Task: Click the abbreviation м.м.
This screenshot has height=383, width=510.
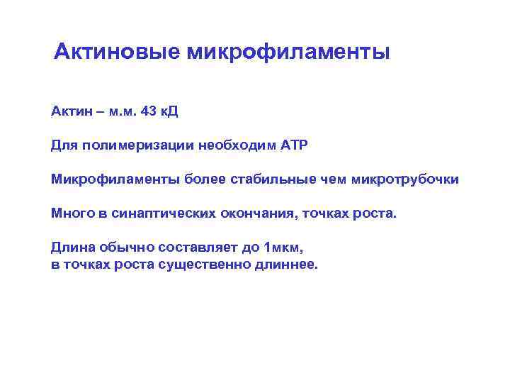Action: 120,111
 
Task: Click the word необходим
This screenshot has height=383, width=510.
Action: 238,145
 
